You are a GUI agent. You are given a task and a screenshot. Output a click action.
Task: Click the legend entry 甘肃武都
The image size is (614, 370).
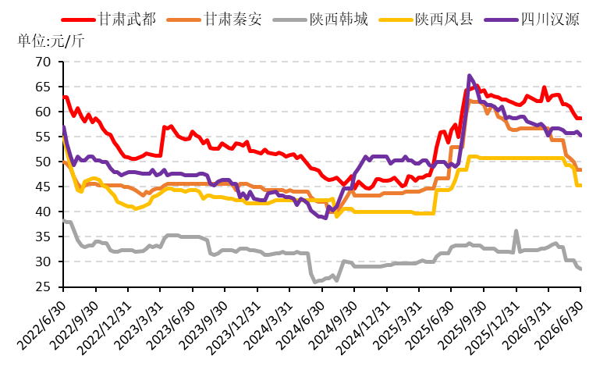(108, 20)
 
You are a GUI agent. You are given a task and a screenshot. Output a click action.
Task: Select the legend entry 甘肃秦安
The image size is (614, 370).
(215, 20)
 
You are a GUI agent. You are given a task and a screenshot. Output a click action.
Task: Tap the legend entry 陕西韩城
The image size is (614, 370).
(321, 20)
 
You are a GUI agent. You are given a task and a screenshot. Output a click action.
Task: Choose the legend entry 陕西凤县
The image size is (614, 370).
(427, 20)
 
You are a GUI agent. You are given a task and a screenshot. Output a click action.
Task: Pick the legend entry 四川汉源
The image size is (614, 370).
(532, 20)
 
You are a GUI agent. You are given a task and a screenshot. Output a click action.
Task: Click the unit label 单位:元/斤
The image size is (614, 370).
(51, 41)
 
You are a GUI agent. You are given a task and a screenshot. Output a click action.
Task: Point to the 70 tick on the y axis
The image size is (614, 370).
(43, 62)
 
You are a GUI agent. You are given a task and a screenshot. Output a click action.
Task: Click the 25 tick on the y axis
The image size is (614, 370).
(43, 287)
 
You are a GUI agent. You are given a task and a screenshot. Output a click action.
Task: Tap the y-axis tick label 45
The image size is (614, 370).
(43, 187)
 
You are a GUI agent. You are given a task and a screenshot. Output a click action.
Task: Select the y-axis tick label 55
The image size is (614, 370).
(43, 137)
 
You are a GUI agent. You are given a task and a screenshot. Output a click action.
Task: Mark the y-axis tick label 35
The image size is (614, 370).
(43, 237)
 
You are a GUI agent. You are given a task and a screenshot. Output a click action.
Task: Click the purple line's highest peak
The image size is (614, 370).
(469, 75)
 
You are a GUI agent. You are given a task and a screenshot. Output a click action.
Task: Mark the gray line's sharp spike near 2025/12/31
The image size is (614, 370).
(516, 231)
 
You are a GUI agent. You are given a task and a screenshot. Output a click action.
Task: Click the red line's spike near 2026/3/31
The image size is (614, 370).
(545, 87)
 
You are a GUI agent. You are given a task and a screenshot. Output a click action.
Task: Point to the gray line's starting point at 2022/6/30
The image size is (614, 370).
(64, 221)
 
